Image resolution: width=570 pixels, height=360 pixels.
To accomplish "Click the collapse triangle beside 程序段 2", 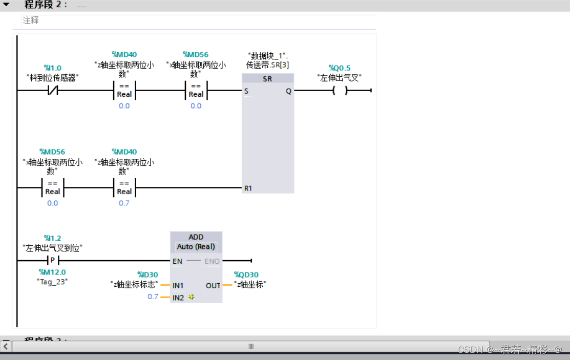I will click(x=6, y=5).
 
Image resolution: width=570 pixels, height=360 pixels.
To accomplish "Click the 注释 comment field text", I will click(x=31, y=20).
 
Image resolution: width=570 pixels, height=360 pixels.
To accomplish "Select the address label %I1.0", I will click(x=52, y=68).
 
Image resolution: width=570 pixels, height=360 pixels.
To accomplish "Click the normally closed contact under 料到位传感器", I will click(x=52, y=91).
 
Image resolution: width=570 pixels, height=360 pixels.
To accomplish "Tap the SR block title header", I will click(x=267, y=79).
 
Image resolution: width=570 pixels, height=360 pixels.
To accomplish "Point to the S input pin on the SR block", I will click(x=246, y=91).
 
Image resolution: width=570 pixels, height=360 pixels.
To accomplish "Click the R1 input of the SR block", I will click(x=248, y=188).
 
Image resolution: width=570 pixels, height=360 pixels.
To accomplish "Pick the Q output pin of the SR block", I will click(x=288, y=91).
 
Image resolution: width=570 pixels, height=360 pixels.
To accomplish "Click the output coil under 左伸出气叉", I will click(x=339, y=91).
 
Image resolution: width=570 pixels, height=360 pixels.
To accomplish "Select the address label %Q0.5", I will click(x=339, y=68).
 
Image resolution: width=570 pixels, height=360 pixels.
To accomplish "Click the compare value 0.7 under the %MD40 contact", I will click(x=124, y=203).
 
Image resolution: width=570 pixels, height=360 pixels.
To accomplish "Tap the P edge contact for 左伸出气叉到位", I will click(x=52, y=260).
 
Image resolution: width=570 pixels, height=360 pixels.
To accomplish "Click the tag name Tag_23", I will click(x=52, y=282).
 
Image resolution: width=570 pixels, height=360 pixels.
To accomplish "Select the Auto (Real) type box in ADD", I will click(x=196, y=247).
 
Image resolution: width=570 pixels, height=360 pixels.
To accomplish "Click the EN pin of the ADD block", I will click(x=177, y=261).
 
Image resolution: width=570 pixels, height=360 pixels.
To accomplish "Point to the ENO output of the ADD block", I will click(x=212, y=261).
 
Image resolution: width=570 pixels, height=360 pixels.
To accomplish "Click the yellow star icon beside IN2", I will click(x=192, y=297).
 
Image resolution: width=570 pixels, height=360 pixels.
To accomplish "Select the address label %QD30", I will click(x=246, y=275).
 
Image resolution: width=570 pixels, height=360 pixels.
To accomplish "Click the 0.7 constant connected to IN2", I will click(x=153, y=297).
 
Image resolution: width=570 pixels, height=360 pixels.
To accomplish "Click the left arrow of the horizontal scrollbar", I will click(x=6, y=347).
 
